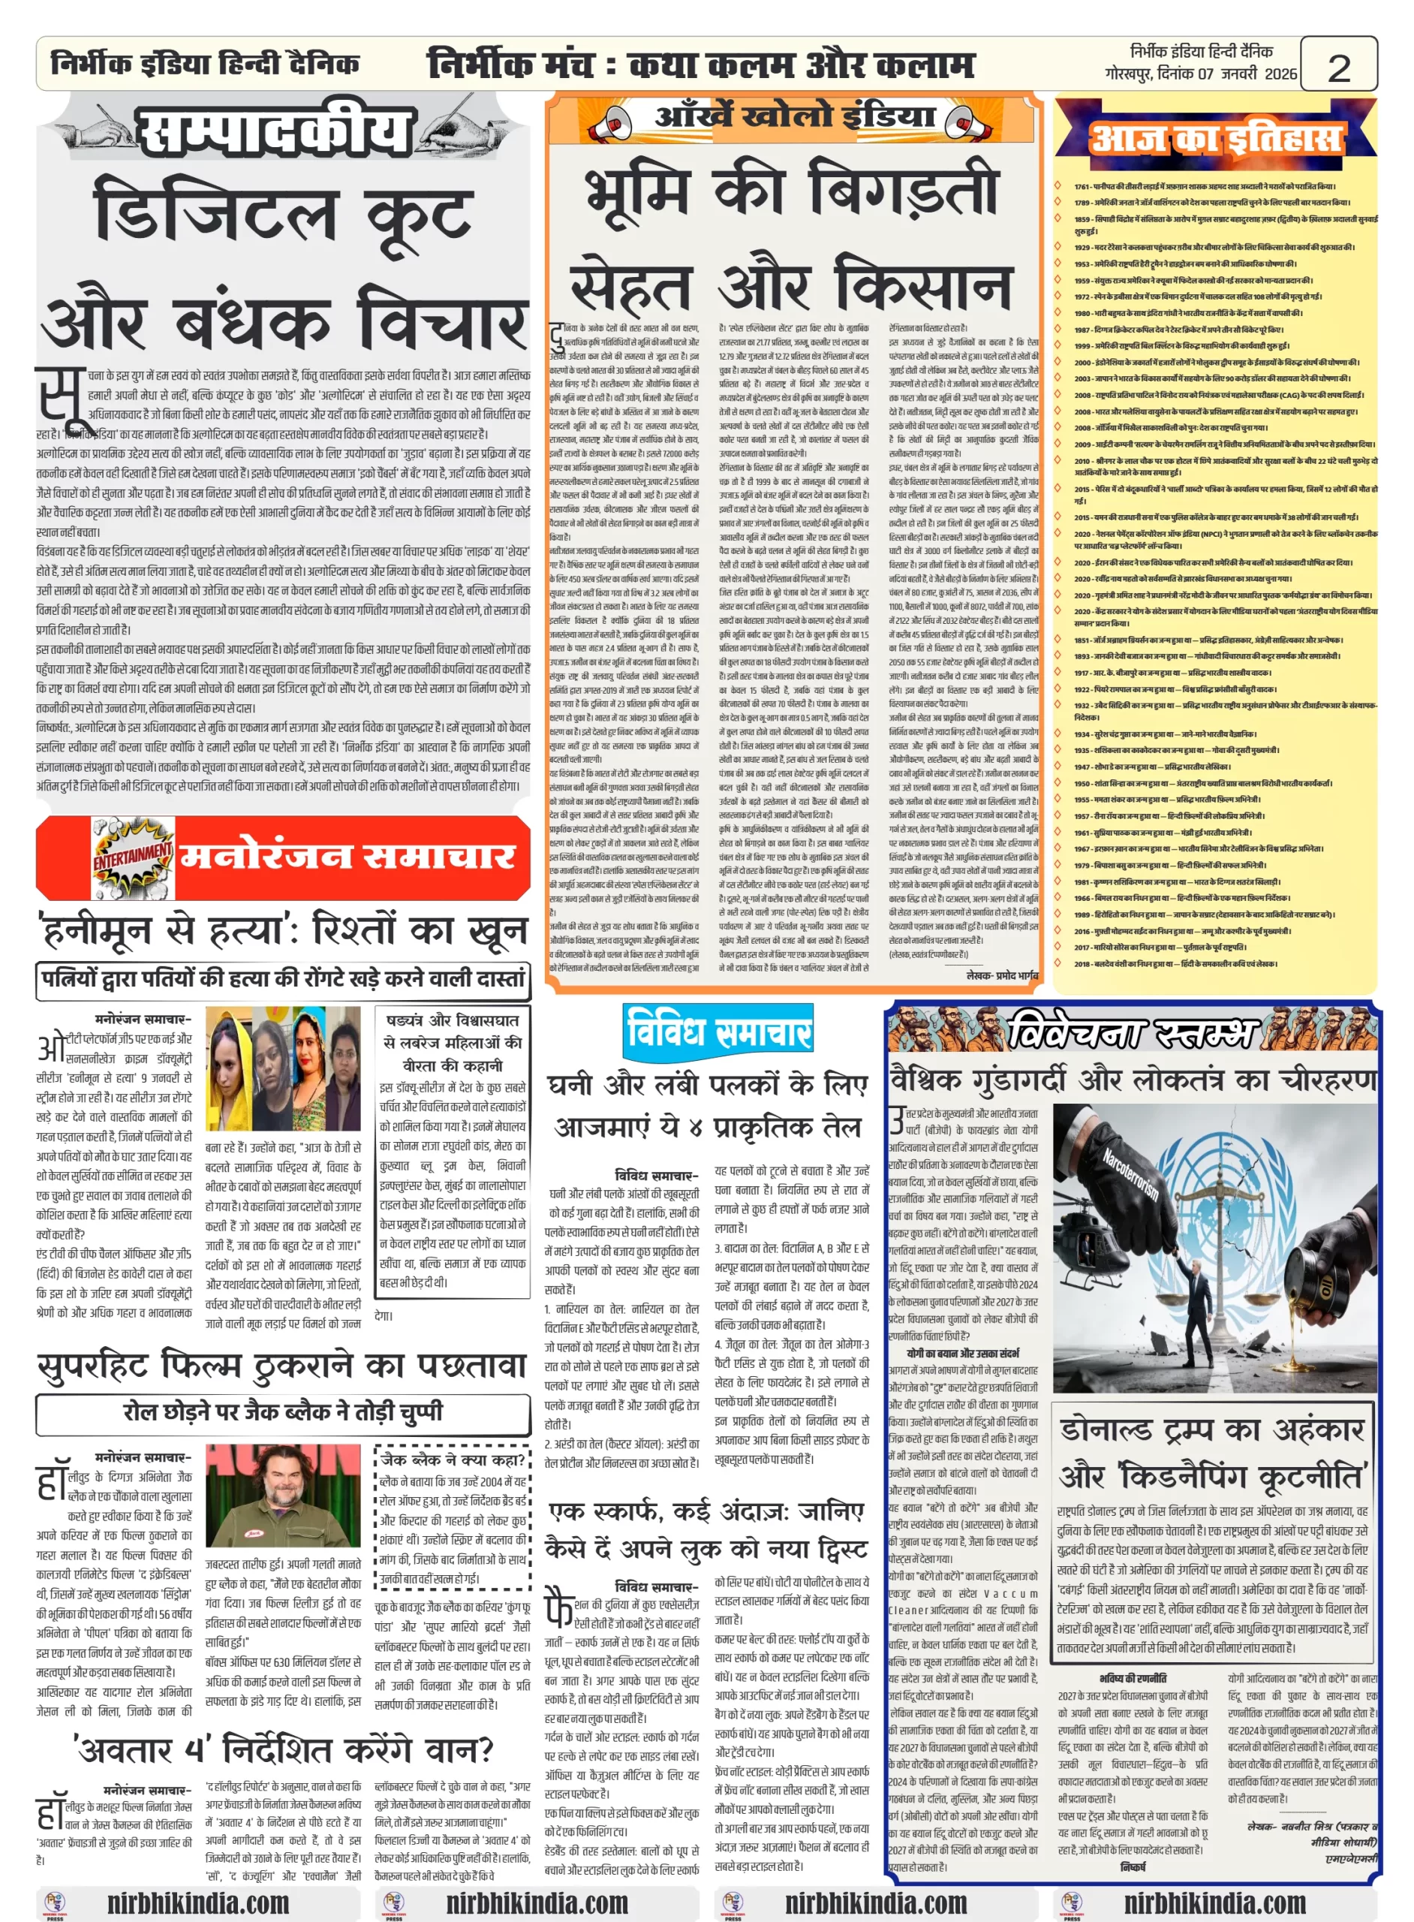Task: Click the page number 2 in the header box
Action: (1338, 67)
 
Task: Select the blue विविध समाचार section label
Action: (718, 1031)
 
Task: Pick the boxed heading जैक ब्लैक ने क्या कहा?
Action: (453, 1460)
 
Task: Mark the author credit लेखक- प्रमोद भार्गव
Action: (1001, 975)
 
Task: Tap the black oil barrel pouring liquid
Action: (1323, 1284)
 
